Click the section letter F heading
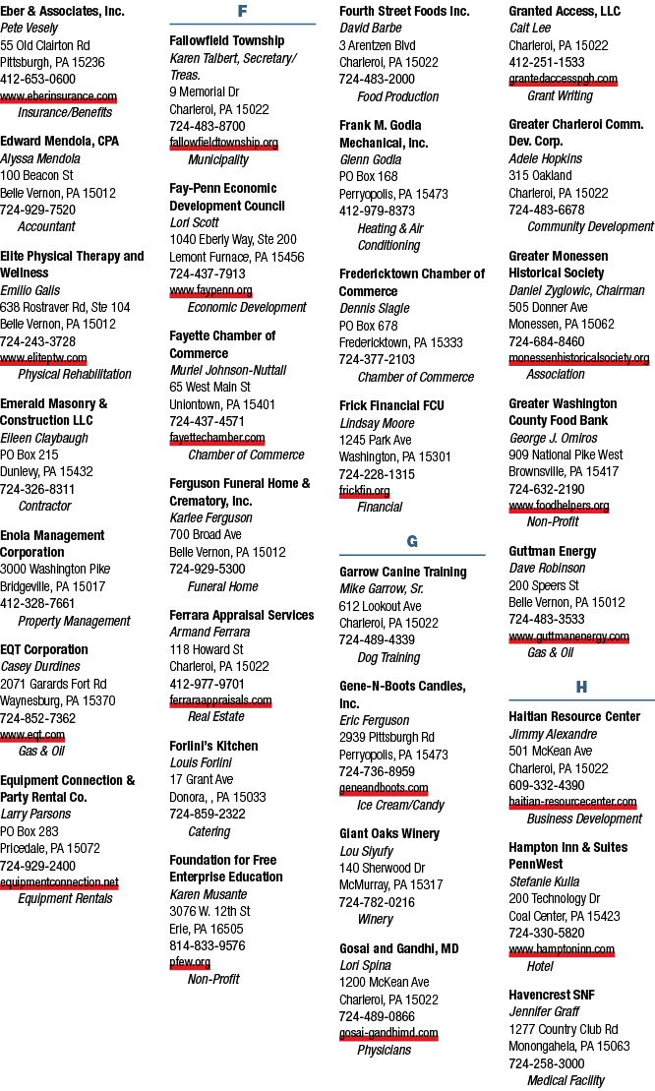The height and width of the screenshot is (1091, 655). click(242, 11)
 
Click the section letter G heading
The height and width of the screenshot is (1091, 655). click(412, 541)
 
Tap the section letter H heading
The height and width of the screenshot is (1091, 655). click(581, 687)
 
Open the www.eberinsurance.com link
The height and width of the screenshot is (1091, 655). click(58, 96)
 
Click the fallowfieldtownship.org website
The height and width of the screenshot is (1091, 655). click(224, 143)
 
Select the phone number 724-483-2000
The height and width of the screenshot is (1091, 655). click(377, 80)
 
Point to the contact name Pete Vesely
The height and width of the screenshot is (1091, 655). click(30, 28)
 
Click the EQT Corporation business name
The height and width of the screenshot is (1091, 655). click(44, 649)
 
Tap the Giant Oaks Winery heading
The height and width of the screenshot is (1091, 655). click(389, 833)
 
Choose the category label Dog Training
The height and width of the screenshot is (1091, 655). click(388, 657)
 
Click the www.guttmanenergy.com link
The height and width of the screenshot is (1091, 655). click(568, 636)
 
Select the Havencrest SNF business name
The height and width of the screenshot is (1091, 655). click(552, 995)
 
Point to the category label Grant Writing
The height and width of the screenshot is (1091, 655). click(561, 96)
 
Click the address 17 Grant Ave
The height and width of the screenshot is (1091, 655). click(202, 779)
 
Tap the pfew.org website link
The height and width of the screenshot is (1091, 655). click(190, 962)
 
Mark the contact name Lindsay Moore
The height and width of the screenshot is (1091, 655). click(377, 423)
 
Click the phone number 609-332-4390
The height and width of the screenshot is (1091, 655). click(547, 785)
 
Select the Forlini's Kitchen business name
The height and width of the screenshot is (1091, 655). click(214, 746)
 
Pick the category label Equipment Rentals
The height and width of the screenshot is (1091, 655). click(65, 898)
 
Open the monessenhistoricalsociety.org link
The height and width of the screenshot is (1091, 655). click(579, 358)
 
